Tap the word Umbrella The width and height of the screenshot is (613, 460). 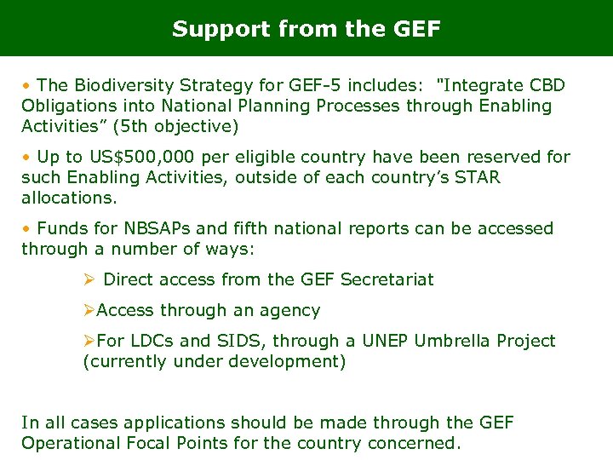[x=455, y=341]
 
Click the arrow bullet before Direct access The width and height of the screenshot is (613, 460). [x=89, y=279]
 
